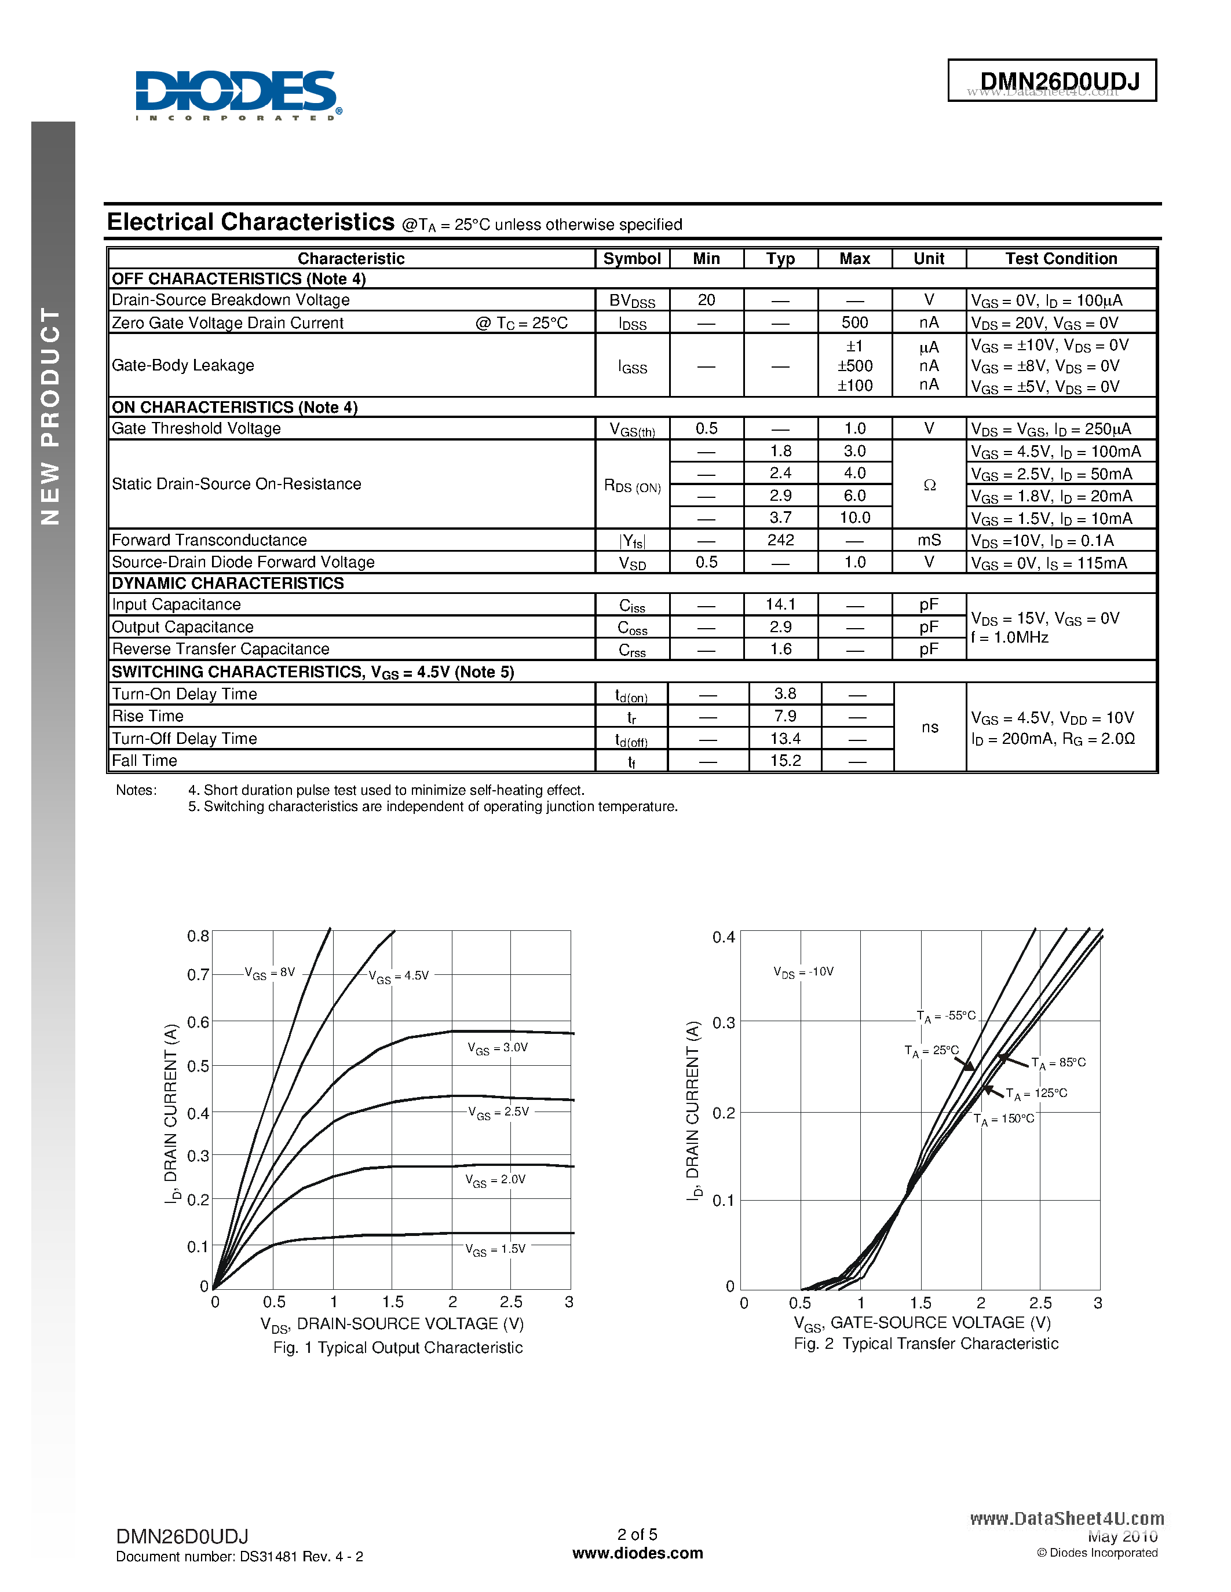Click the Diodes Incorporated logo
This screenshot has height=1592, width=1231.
point(238,95)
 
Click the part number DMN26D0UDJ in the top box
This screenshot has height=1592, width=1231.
point(1059,81)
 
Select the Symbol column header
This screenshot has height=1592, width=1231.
point(631,259)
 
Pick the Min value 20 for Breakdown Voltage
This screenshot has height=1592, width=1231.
point(706,300)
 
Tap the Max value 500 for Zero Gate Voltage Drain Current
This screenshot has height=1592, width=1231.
point(854,323)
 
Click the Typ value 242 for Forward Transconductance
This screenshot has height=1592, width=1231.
point(780,540)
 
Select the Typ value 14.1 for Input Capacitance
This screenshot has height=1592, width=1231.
point(780,604)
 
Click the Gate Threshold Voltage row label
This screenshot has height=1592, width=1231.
point(196,428)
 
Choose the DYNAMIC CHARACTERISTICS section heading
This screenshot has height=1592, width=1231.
point(228,583)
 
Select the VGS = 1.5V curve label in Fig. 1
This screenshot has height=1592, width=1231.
point(495,1249)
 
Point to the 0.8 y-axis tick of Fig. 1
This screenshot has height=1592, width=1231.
point(198,936)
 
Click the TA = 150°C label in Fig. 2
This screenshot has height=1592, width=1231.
point(1003,1119)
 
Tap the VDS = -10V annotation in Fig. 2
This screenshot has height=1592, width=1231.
point(803,971)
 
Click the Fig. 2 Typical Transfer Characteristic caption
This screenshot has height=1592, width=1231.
point(926,1344)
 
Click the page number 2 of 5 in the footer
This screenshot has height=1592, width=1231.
point(637,1534)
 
